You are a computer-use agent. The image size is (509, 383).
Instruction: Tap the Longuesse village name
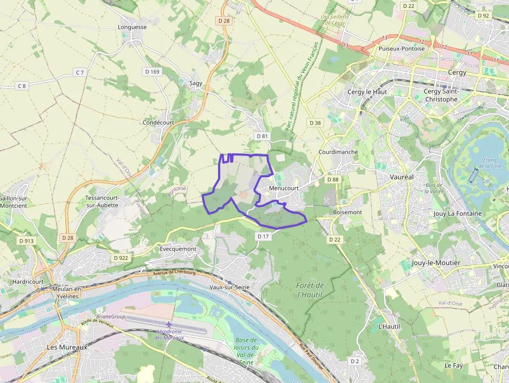(132, 27)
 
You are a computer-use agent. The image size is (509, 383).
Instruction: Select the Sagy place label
(196, 83)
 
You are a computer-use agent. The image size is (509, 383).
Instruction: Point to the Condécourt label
(158, 123)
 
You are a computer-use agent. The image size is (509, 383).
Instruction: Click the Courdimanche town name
(338, 152)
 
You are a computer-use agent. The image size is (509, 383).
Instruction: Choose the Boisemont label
(347, 212)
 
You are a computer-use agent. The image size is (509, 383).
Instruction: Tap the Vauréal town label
(401, 177)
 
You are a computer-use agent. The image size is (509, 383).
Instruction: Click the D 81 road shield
(262, 136)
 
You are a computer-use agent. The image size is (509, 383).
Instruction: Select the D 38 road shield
(315, 123)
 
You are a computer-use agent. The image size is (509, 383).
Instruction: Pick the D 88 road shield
(333, 179)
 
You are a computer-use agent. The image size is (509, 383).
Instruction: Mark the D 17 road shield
(263, 236)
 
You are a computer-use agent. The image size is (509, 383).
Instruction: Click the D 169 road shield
(152, 71)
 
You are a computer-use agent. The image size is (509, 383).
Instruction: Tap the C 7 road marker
(79, 73)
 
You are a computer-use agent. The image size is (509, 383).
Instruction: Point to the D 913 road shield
(26, 241)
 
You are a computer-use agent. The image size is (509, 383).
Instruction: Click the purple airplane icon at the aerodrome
(169, 325)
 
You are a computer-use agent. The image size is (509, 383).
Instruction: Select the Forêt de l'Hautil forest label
(310, 290)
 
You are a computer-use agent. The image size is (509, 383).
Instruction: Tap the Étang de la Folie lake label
(492, 163)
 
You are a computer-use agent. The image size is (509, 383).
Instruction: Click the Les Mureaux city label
(68, 347)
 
